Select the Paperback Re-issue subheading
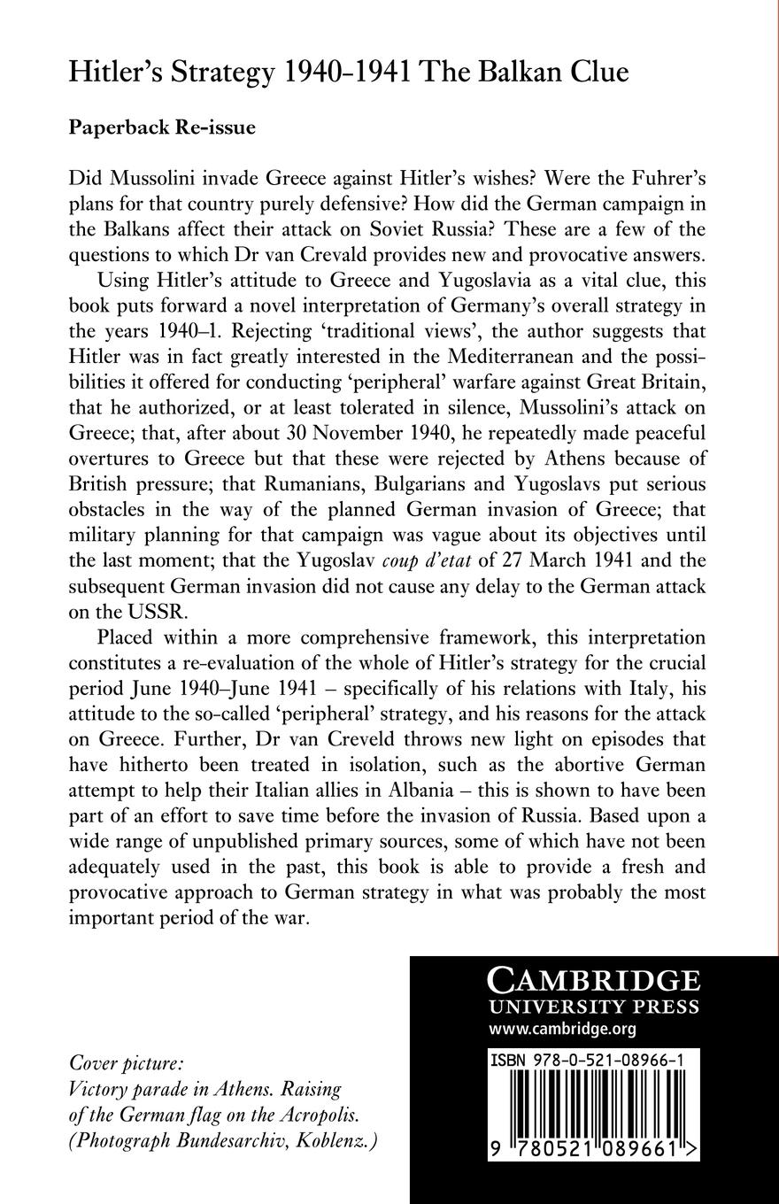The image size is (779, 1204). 162,127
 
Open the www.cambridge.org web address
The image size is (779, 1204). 562,1029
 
